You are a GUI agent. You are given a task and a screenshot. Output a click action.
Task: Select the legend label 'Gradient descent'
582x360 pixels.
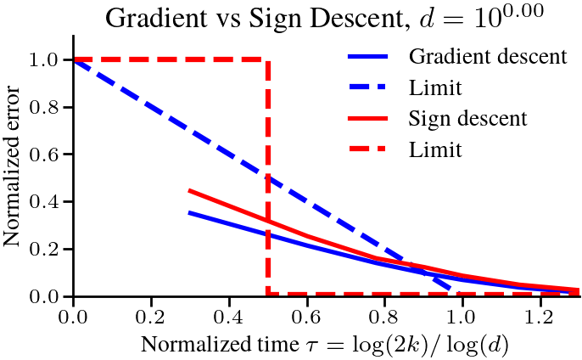pos(487,58)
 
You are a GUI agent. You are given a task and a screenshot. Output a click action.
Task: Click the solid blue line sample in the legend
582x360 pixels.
pos(370,58)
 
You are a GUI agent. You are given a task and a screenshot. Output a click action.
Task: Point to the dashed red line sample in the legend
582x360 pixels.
pos(370,149)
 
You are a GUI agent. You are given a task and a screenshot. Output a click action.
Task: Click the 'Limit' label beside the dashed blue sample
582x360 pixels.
pos(435,87)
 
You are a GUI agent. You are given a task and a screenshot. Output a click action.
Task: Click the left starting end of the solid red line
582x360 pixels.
pos(189,190)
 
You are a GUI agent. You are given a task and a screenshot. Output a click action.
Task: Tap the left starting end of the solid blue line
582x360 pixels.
pos(189,212)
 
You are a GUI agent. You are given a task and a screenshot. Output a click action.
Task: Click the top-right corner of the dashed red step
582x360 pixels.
pos(268,59)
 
